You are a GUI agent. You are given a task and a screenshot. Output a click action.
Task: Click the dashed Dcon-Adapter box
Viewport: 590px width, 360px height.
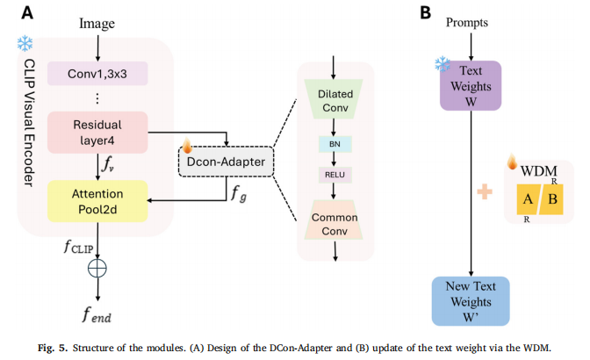(227, 162)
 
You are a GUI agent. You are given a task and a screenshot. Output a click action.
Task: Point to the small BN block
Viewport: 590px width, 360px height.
(334, 143)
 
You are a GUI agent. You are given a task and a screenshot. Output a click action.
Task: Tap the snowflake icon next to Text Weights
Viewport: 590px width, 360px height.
(442, 64)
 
